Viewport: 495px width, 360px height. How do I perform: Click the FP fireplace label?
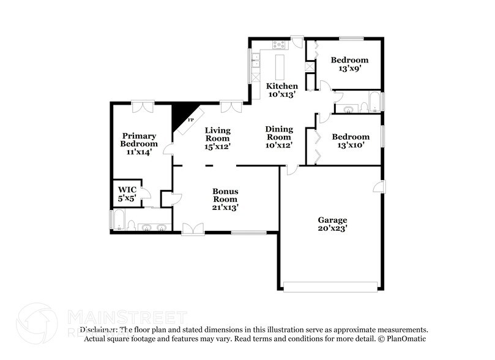(190, 120)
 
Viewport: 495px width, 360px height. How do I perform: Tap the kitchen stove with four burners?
(279, 44)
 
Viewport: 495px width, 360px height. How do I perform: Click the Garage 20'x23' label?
(332, 224)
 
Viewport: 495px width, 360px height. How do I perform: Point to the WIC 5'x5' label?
(127, 194)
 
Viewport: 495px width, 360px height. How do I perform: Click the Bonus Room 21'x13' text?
(225, 199)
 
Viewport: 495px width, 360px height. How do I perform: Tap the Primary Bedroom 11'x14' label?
(139, 143)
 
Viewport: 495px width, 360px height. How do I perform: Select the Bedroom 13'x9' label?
(349, 64)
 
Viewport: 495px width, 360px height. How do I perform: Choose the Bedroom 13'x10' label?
(350, 141)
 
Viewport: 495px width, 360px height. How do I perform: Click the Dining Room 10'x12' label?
(279, 137)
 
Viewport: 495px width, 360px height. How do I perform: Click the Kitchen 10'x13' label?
(281, 90)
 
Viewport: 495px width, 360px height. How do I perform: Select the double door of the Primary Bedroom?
(142, 107)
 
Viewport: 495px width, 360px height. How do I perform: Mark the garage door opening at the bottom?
(331, 287)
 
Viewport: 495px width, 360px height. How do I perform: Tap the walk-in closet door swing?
(146, 193)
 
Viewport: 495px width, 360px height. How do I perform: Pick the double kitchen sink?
(256, 61)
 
